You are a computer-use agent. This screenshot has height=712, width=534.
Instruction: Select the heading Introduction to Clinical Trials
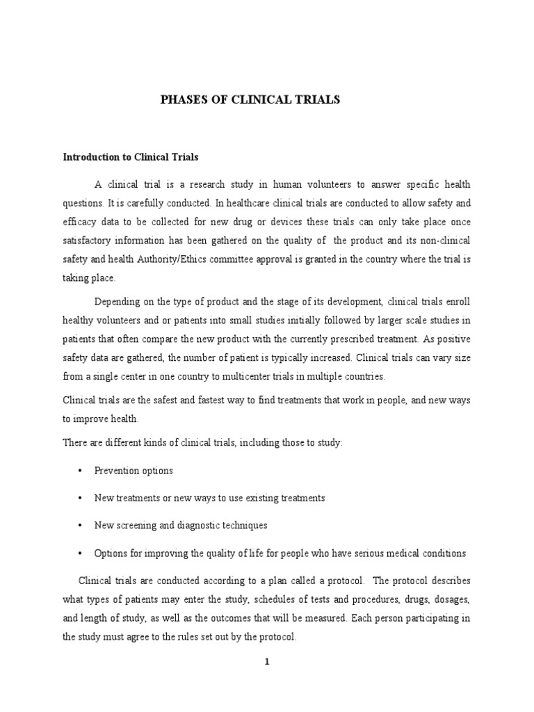pyautogui.click(x=131, y=158)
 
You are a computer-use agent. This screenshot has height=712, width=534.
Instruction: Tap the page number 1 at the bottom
pyautogui.click(x=266, y=661)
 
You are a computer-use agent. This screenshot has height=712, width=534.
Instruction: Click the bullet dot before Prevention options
pyautogui.click(x=81, y=471)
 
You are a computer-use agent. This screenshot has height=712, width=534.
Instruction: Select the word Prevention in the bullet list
pyautogui.click(x=116, y=471)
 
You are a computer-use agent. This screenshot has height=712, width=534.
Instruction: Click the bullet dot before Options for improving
pyautogui.click(x=81, y=553)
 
